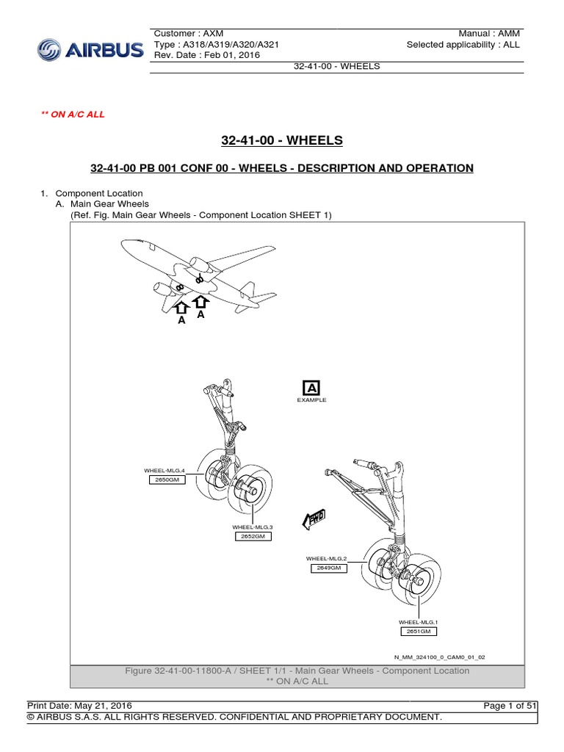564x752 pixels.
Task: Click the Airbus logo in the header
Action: coord(90,51)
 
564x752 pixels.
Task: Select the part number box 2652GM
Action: coord(252,536)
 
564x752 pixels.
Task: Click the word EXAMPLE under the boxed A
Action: coord(311,400)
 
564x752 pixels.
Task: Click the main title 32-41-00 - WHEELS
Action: coord(282,140)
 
